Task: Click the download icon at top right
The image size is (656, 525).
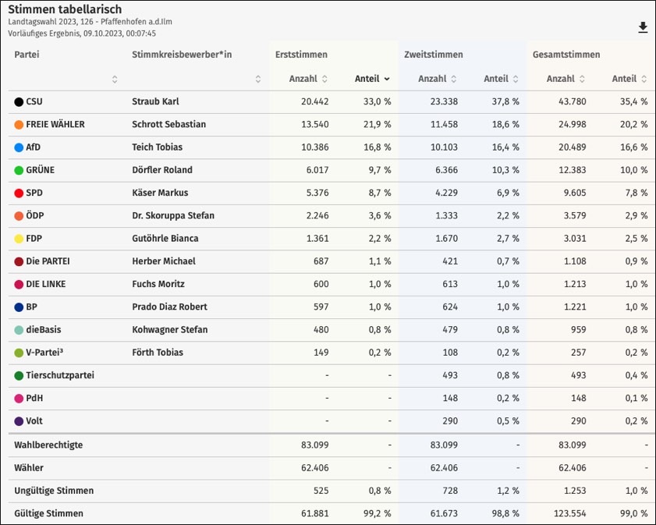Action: pos(643,28)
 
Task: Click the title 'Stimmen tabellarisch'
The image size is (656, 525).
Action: pos(65,9)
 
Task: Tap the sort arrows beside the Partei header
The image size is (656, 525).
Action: pos(115,79)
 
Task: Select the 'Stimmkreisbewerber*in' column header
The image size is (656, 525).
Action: pos(182,55)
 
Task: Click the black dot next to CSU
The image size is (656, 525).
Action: pos(19,101)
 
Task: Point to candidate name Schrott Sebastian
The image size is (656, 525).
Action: pos(168,124)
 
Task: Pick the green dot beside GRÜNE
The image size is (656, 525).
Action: pos(19,170)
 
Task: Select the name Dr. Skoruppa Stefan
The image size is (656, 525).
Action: pos(173,215)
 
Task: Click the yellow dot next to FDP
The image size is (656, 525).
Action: pos(19,239)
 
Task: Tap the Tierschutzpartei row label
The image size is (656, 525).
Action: pos(60,375)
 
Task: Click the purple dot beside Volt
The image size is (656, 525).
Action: pos(19,421)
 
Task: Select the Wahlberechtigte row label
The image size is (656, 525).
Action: pos(48,445)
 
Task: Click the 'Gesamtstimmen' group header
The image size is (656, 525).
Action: pos(566,55)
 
